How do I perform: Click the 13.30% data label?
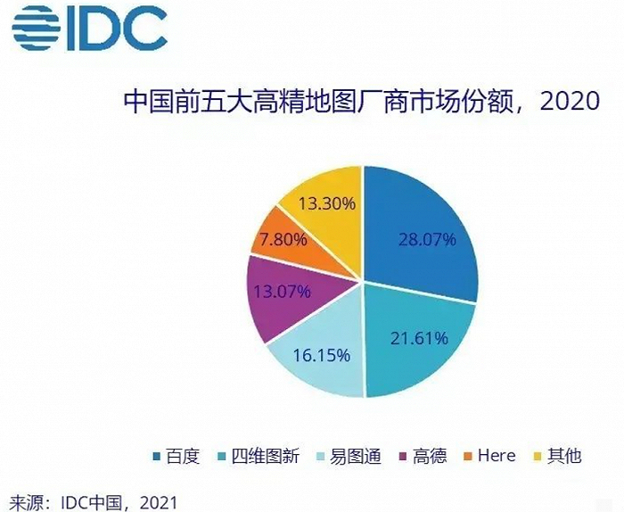click(x=328, y=203)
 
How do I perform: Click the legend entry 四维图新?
click(x=267, y=456)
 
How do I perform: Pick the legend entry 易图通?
click(x=353, y=456)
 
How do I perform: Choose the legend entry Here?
click(x=496, y=456)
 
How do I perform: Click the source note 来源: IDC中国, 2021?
click(x=93, y=500)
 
